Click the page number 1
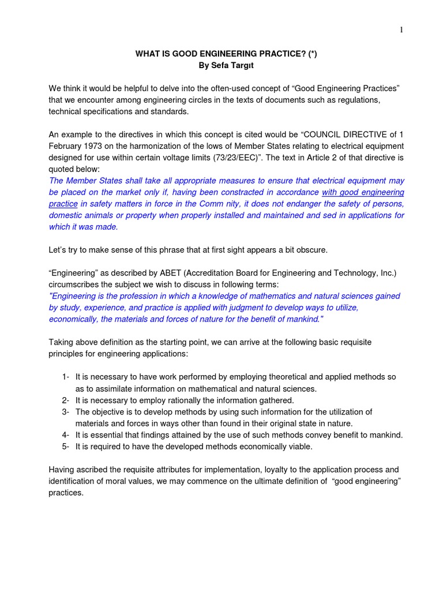[401, 30]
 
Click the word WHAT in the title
[147, 54]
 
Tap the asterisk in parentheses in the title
[311, 54]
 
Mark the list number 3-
[66, 412]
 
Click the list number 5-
[66, 446]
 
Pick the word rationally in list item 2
[181, 400]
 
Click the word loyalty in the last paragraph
[275, 469]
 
